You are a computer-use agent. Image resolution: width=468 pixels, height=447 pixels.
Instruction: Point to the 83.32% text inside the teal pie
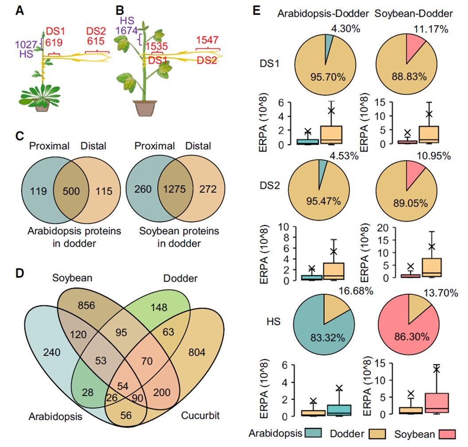pos(325,335)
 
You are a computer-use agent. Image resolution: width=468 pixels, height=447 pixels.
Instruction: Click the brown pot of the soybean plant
pos(145,108)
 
